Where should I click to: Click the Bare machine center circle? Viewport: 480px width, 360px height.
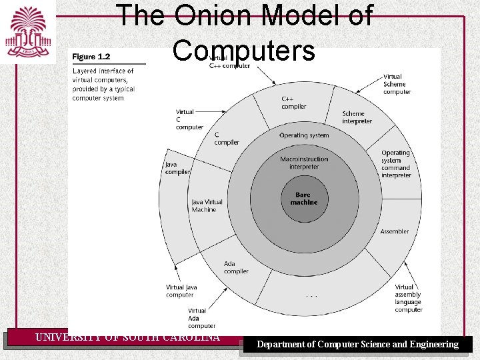pos(304,199)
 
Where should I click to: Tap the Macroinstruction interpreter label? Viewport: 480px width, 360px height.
pos(304,163)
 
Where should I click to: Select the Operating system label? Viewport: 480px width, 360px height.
pos(304,135)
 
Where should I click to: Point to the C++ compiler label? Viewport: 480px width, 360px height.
pos(294,103)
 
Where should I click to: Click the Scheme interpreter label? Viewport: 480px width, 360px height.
pos(357,117)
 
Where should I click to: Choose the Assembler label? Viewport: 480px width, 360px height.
pos(395,231)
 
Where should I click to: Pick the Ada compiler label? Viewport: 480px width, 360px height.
pos(236,267)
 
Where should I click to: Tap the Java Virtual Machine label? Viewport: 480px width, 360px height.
pos(207,205)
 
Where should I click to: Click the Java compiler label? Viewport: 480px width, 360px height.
pos(177,168)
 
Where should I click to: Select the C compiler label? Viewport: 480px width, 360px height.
pos(227,138)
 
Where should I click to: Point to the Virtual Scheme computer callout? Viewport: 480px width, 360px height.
pos(397,84)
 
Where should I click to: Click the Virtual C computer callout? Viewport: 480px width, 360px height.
pos(189,119)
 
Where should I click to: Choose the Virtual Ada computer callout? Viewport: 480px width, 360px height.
pos(201,318)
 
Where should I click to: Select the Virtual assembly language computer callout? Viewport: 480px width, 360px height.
pos(409,299)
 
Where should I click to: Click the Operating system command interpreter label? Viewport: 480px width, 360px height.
pos(396,164)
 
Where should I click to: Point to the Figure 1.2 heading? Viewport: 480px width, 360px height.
pos(91,57)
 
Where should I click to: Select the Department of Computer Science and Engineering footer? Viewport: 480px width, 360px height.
pos(358,345)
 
